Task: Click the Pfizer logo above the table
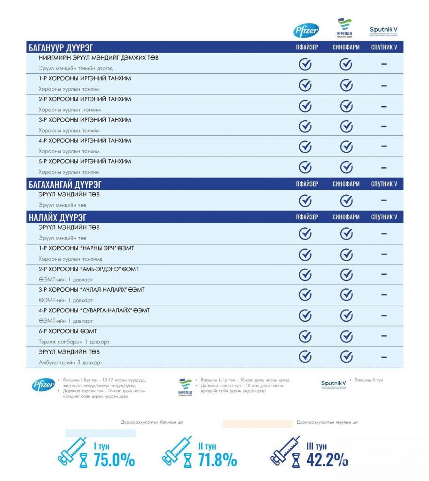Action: [306, 31]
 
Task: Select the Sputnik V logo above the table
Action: [384, 31]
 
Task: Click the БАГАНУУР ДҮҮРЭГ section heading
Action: [61, 47]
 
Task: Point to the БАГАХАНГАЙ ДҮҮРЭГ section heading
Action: [65, 184]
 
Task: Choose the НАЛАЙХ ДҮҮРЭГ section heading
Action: [57, 217]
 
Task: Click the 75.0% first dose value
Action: [114, 460]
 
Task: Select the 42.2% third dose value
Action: [328, 460]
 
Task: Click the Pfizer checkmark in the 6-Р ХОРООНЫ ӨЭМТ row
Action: [305, 336]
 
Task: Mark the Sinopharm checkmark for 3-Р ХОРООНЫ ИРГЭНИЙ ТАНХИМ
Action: [346, 126]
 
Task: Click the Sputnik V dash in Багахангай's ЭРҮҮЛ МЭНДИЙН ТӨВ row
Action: [384, 201]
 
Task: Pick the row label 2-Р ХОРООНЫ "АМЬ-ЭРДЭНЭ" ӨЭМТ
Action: [88, 269]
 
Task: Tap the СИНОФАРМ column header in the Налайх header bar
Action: [346, 217]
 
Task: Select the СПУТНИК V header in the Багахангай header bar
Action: [384, 184]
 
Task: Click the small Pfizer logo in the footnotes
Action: [43, 385]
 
